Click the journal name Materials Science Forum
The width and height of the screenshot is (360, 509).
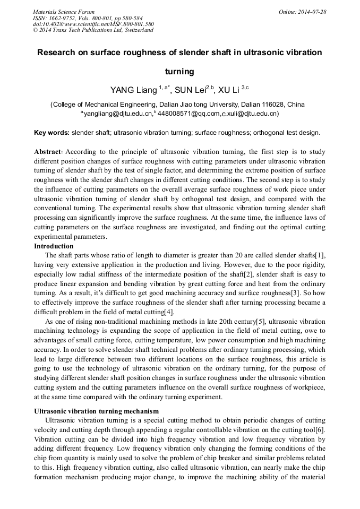click(x=64, y=12)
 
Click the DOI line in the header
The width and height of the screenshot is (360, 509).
click(x=93, y=24)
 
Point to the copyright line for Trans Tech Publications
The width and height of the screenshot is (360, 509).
click(x=93, y=30)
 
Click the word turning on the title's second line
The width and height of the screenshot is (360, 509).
click(x=179, y=71)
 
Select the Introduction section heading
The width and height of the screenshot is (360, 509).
click(x=54, y=246)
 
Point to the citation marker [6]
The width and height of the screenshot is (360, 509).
click(x=319, y=429)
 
